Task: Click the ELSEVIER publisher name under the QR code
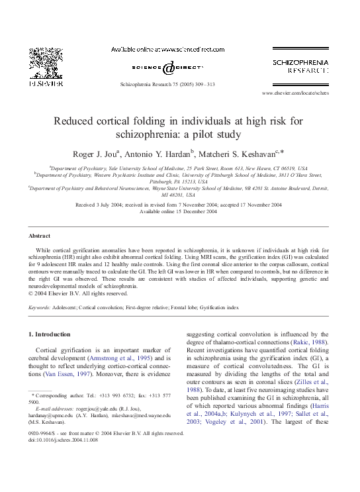click(x=44, y=85)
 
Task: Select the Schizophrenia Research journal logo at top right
click(x=300, y=65)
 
